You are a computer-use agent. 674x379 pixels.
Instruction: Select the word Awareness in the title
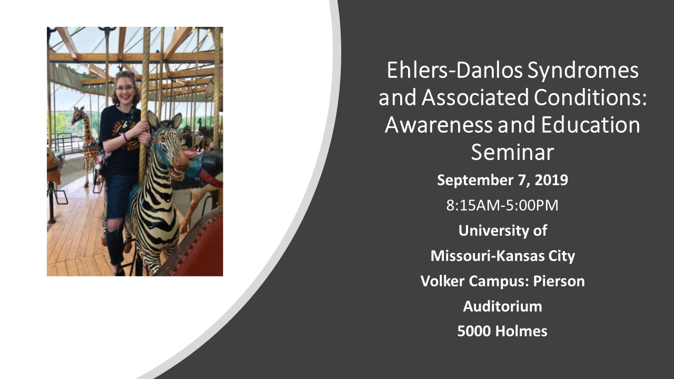[439, 125]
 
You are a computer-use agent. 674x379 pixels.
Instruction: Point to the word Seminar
[512, 152]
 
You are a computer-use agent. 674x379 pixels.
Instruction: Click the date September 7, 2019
[502, 180]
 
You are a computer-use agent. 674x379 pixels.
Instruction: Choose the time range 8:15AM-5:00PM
[502, 205]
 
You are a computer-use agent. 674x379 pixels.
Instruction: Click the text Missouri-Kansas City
[502, 256]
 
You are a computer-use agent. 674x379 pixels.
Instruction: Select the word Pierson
[559, 281]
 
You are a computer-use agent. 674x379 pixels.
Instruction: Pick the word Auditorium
[502, 306]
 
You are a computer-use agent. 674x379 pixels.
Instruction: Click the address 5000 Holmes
[502, 331]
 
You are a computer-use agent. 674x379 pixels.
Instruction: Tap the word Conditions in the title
[590, 97]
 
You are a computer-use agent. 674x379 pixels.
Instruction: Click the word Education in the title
[590, 125]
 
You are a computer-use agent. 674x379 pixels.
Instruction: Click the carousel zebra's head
[170, 144]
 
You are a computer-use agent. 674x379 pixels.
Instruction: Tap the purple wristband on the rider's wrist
[125, 137]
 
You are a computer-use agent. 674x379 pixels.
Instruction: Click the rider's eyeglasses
[125, 88]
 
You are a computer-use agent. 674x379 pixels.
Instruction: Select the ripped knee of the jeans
[114, 225]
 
